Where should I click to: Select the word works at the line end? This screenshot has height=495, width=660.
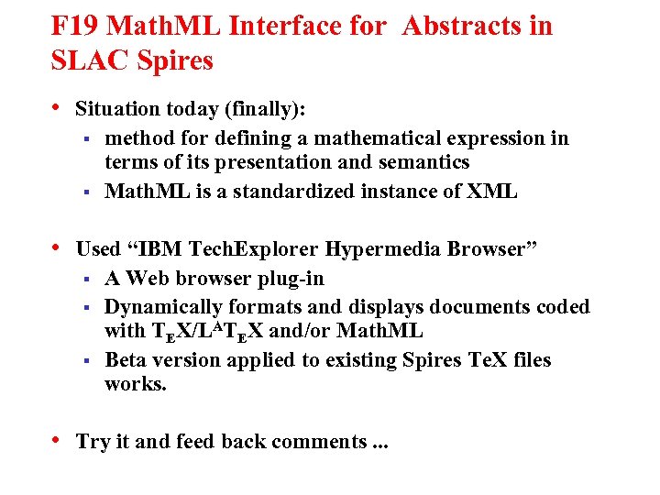click(x=136, y=384)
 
